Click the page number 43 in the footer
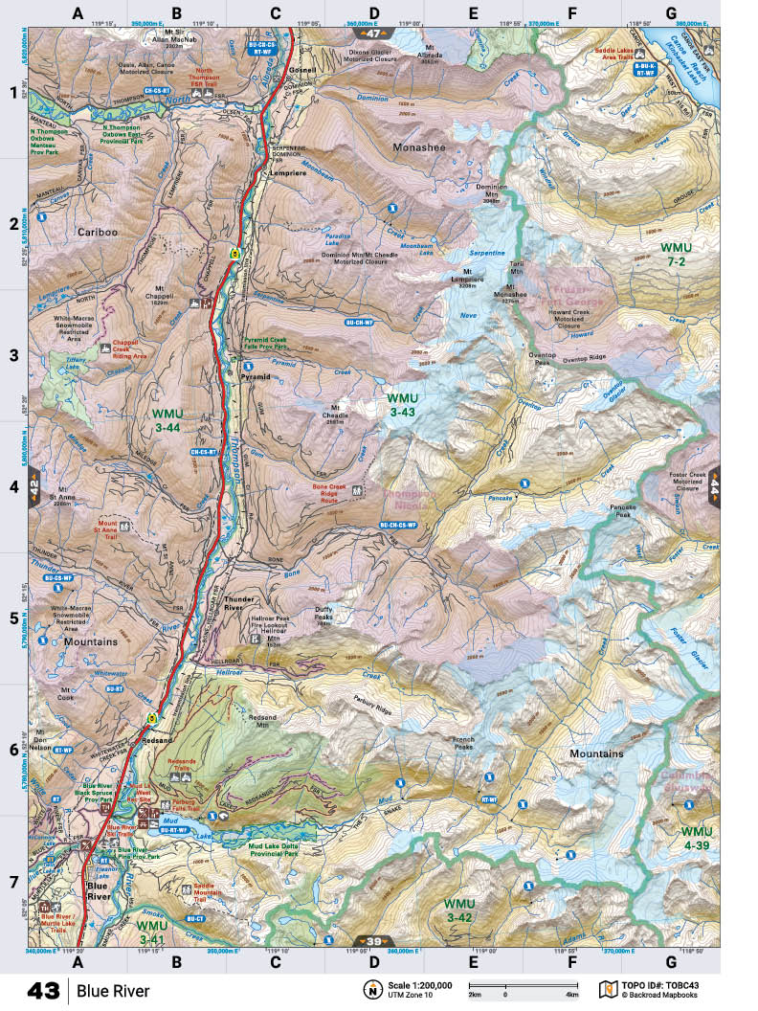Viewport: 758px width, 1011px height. (45, 990)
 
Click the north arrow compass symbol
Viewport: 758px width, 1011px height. (369, 990)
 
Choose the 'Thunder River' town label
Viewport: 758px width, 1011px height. (234, 603)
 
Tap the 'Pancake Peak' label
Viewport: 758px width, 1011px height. (621, 510)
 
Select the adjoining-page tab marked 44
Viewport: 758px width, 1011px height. (713, 489)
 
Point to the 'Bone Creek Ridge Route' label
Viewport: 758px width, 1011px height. (332, 493)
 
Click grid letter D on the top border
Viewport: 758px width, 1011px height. (374, 13)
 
